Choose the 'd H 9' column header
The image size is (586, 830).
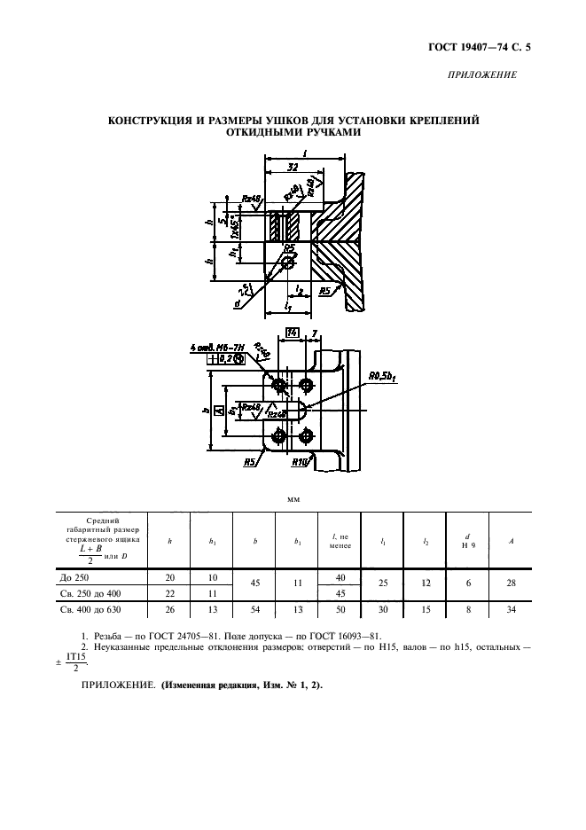(x=467, y=539)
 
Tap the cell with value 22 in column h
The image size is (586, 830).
(x=171, y=593)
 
